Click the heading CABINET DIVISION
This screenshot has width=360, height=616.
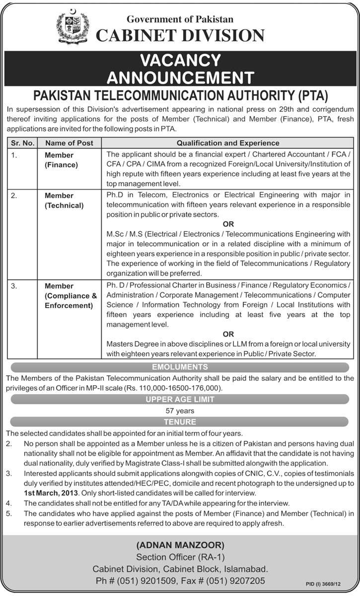click(180, 35)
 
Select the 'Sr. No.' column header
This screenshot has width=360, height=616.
click(21, 143)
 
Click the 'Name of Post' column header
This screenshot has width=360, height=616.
click(69, 143)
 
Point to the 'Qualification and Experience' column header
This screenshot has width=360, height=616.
click(228, 143)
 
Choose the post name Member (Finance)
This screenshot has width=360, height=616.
click(59, 160)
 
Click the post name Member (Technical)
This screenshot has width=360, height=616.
click(64, 200)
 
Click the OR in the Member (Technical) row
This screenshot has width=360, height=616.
click(228, 224)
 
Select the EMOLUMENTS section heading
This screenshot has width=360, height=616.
click(180, 367)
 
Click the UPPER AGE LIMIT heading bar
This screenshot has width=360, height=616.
click(180, 399)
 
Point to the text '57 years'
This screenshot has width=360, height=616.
click(180, 411)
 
